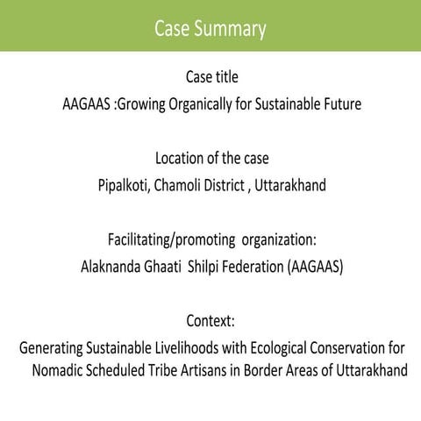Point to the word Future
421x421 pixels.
coord(337,103)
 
